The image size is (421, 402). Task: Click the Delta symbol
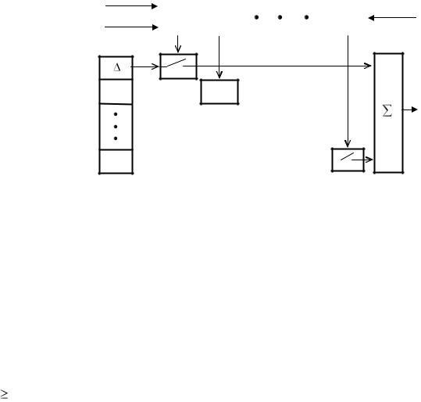(117, 67)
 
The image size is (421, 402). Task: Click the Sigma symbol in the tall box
(387, 110)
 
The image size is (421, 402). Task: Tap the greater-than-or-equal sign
(4, 394)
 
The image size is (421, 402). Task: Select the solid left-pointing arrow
(392, 18)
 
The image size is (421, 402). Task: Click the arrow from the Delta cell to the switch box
(144, 66)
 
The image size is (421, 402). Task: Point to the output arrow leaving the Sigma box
(410, 109)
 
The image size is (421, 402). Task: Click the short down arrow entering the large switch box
(178, 44)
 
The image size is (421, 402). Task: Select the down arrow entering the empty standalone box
(219, 57)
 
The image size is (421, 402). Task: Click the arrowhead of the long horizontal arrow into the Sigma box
(368, 66)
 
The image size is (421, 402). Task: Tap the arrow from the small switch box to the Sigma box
(362, 160)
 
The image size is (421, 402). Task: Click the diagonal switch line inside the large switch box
(177, 63)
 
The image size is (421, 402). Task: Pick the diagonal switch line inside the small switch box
(347, 156)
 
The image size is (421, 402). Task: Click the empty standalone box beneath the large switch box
(219, 92)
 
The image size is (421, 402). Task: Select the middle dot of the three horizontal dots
(280, 17)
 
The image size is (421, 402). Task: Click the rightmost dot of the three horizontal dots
(306, 17)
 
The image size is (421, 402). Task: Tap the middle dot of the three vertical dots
(116, 127)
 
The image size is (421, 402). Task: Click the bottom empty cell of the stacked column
(116, 161)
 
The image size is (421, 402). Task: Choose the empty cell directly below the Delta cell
(116, 92)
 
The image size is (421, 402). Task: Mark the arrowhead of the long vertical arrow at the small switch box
(348, 144)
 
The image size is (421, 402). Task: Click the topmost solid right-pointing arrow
(131, 6)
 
